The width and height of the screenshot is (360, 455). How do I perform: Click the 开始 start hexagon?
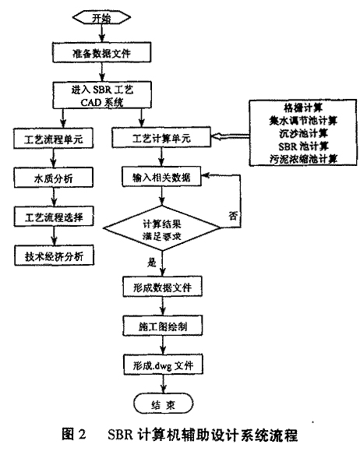101,18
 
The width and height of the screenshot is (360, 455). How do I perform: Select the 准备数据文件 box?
101,52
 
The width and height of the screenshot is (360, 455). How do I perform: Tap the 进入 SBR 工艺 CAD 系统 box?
102,96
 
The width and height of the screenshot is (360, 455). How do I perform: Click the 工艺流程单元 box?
54,139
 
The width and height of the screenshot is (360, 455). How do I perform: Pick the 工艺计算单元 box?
161,137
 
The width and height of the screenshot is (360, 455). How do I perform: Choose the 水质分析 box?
54,178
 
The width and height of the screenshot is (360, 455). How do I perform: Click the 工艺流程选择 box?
54,216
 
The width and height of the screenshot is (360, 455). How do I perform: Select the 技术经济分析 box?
55,256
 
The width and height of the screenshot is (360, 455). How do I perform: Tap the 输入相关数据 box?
161,176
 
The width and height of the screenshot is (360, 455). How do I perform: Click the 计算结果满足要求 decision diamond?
162,228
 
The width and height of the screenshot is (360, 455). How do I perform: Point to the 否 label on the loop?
233,215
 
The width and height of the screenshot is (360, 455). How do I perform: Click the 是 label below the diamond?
151,263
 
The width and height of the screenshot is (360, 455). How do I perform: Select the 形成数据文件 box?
162,287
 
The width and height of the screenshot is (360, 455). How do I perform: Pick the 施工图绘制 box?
163,326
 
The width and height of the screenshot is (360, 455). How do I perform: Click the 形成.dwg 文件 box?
163,365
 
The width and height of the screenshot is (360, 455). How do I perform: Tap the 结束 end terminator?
163,404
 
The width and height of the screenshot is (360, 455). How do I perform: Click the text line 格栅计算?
303,108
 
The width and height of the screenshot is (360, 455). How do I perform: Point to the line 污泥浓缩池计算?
303,159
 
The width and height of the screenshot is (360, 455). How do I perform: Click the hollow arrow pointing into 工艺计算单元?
230,136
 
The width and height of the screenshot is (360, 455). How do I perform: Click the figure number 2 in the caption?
82,435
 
